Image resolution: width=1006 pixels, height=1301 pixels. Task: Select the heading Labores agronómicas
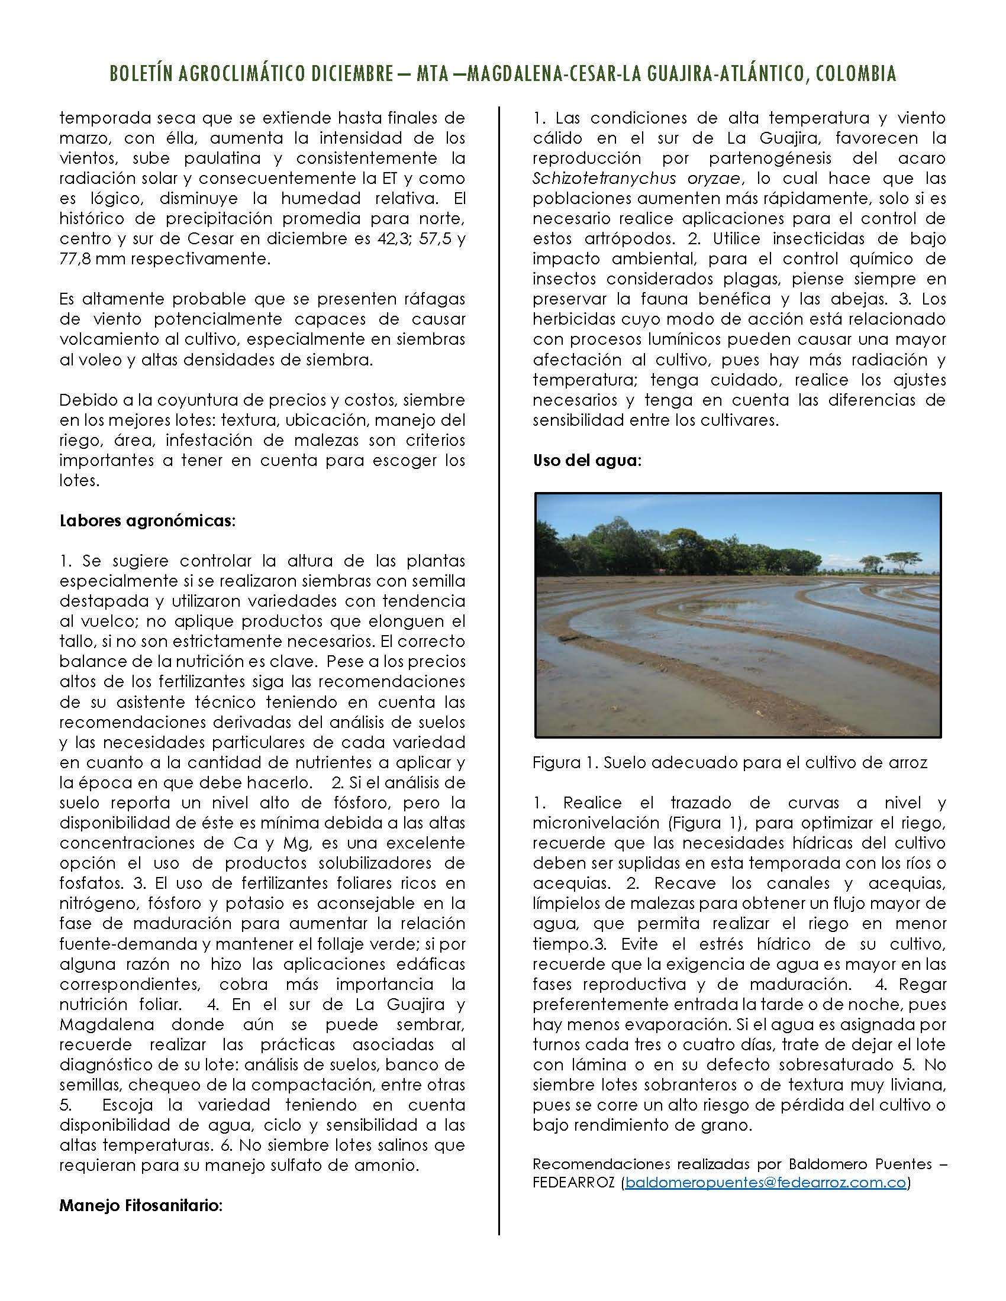(147, 520)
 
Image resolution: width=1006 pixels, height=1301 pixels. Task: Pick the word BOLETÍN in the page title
(145, 73)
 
